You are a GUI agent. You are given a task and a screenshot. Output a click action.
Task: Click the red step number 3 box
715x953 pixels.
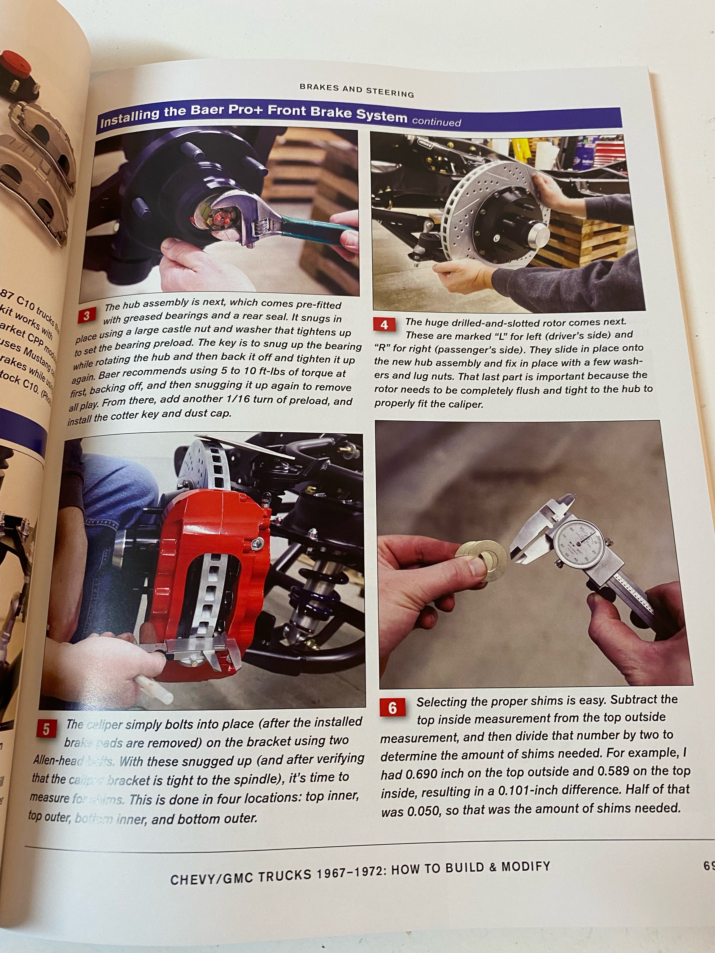click(x=86, y=316)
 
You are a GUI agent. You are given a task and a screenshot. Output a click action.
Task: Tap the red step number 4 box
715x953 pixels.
click(x=384, y=325)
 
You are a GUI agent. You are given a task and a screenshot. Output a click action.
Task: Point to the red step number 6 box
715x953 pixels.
click(x=392, y=708)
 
